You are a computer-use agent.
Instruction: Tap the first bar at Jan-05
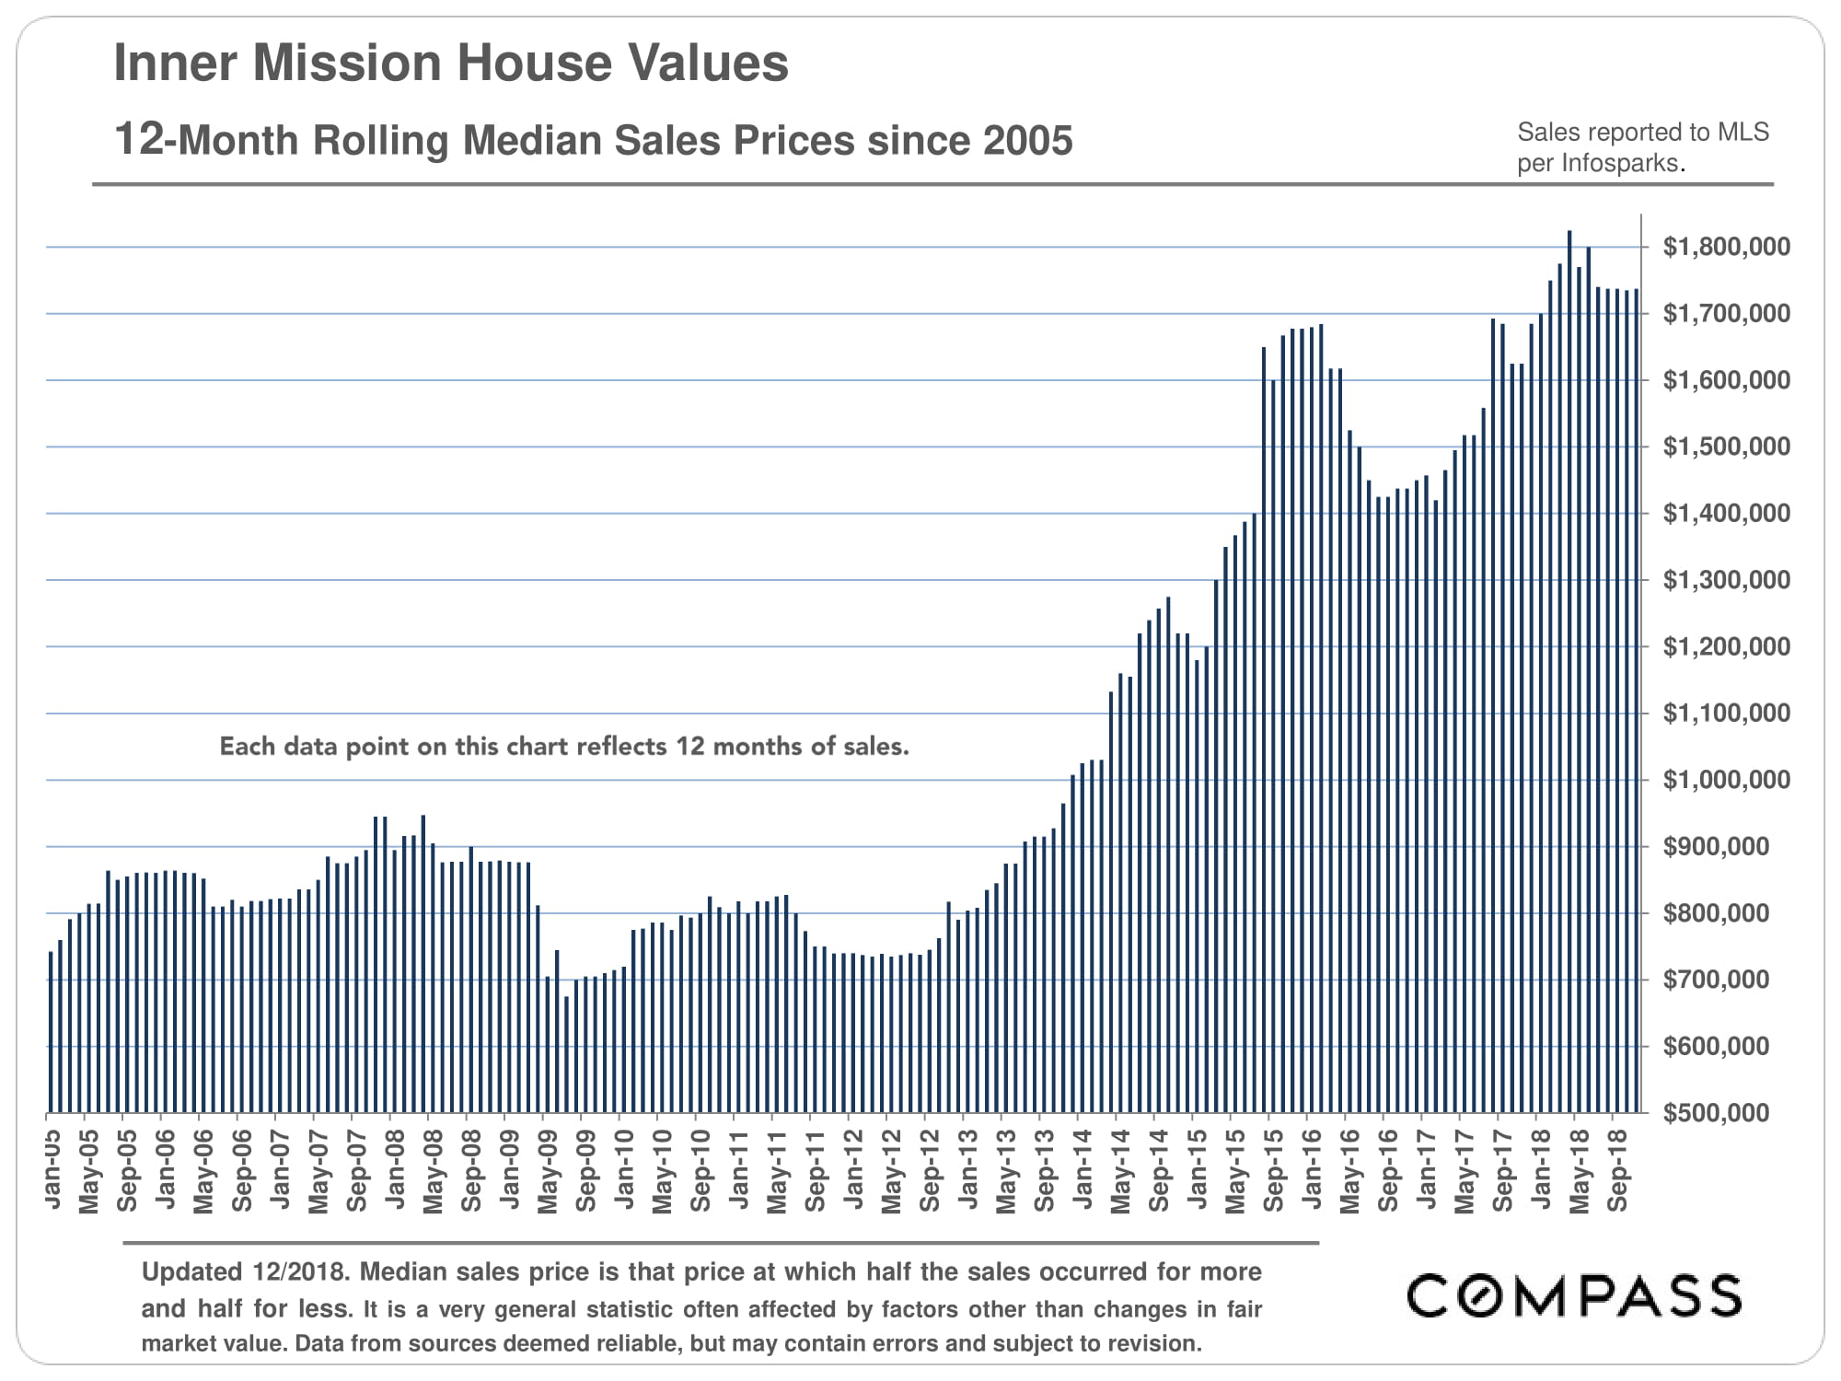[x=51, y=1031]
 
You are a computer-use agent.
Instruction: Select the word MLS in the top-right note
[x=1743, y=133]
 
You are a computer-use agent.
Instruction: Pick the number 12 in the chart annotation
[x=689, y=746]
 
